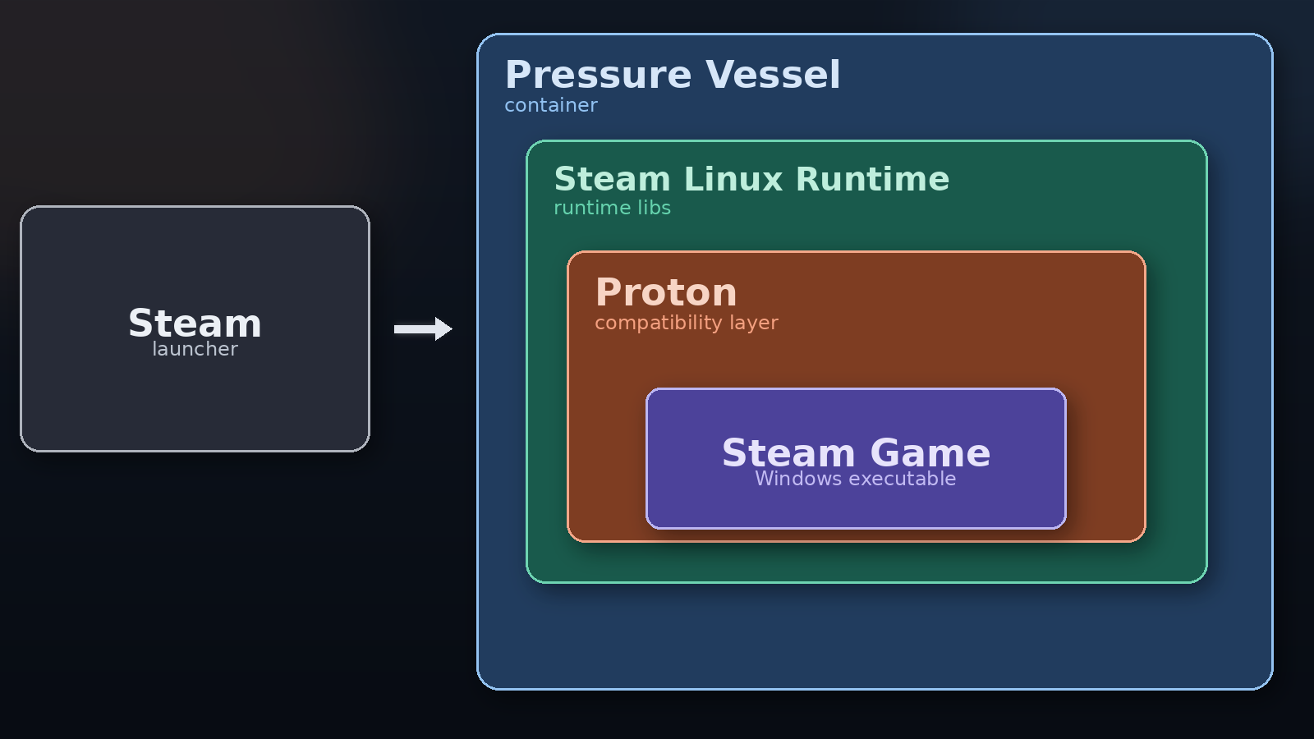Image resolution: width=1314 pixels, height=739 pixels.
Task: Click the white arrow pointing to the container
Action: tap(420, 329)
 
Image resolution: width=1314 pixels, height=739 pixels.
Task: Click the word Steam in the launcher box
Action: tap(195, 324)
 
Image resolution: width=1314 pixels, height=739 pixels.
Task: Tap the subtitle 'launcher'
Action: tap(195, 350)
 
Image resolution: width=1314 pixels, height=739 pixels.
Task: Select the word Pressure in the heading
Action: tap(598, 76)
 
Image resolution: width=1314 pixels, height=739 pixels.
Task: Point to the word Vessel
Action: tap(773, 76)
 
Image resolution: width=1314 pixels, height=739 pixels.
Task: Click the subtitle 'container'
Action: tap(550, 106)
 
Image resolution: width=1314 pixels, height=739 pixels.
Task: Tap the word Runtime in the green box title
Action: tap(872, 180)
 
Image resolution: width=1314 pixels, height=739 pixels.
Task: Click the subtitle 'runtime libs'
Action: tap(612, 209)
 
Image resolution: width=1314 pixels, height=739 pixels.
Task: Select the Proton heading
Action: tap(666, 293)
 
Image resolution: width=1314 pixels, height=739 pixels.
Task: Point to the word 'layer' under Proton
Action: tap(754, 324)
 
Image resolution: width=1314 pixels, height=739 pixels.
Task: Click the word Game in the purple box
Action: tap(930, 453)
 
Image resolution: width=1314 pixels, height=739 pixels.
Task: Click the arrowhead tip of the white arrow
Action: tap(449, 329)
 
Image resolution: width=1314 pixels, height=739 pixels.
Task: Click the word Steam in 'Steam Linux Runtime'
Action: tap(612, 180)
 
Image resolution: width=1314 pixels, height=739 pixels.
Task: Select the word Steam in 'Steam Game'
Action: tap(788, 453)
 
